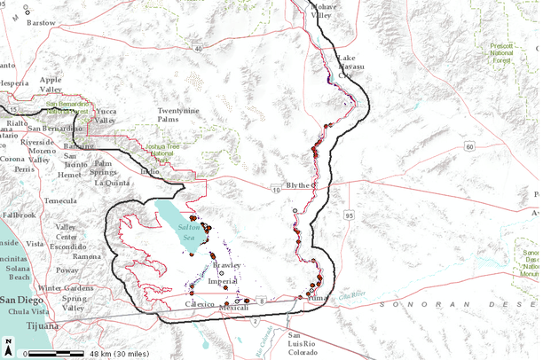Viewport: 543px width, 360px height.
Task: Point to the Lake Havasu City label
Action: (350, 67)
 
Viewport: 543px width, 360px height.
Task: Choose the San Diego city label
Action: (22, 301)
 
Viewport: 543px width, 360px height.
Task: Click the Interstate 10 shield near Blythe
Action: (276, 189)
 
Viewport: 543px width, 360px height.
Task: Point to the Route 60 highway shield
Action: (468, 145)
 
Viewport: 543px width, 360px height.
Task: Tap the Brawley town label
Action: (226, 265)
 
